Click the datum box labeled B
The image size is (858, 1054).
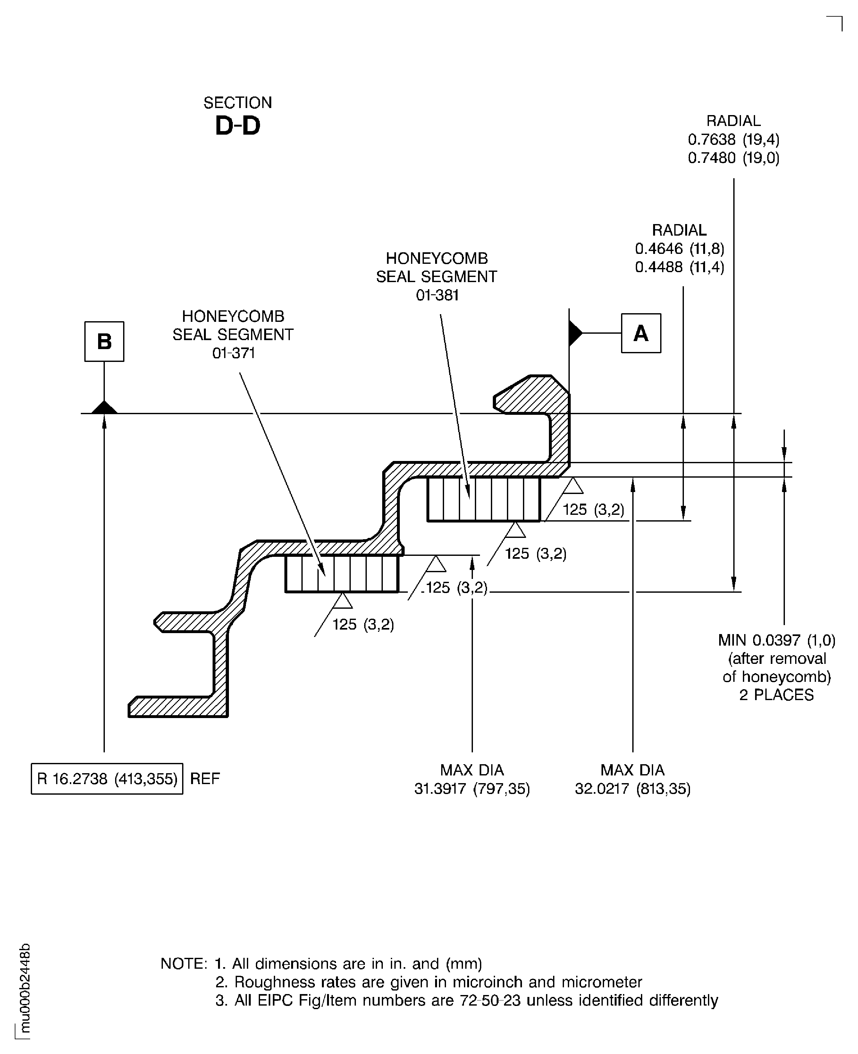point(104,341)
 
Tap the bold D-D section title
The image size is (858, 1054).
point(237,126)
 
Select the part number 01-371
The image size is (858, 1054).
point(233,353)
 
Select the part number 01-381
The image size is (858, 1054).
point(437,296)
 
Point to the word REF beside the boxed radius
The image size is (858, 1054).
point(205,779)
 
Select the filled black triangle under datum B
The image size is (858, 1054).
point(104,408)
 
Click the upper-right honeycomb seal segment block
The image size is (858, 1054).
point(484,499)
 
